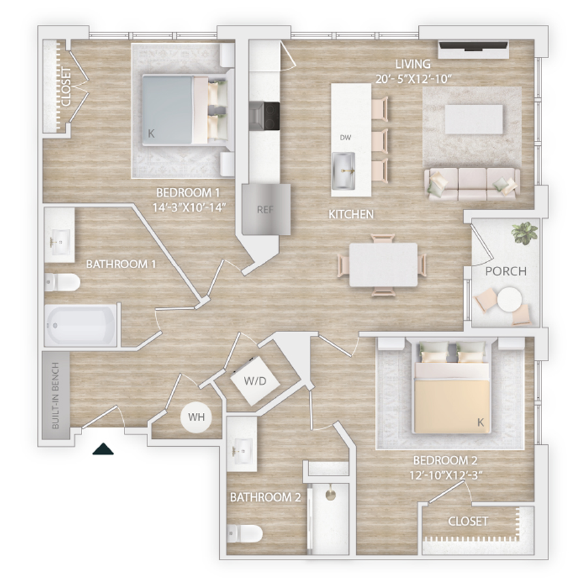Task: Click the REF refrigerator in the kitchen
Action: click(266, 209)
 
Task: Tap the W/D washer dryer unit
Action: click(255, 380)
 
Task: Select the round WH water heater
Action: click(196, 417)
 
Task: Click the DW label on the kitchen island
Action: click(345, 138)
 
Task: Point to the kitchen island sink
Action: click(343, 170)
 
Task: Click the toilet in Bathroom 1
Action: click(62, 282)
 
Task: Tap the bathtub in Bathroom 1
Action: click(80, 325)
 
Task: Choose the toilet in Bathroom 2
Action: click(245, 533)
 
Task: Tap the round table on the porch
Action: click(509, 299)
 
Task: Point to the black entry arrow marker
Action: click(103, 449)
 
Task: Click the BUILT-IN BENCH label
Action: click(55, 395)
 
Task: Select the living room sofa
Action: click(472, 184)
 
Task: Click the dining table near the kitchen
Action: click(384, 265)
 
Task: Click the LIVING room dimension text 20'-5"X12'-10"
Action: click(414, 79)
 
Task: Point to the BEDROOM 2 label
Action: click(445, 460)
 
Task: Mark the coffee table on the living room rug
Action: click(474, 119)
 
